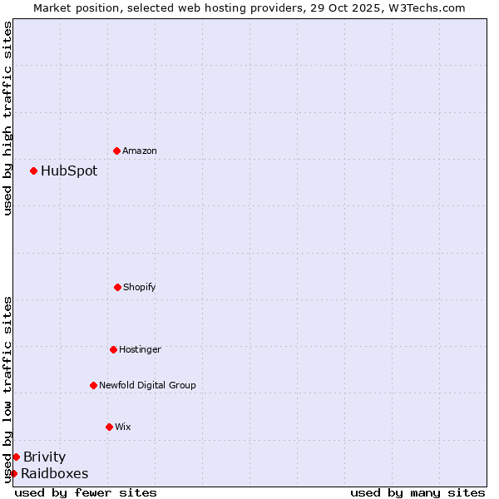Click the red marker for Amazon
pyautogui.click(x=116, y=151)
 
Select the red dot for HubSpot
pyautogui.click(x=33, y=170)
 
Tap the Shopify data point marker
pyautogui.click(x=117, y=287)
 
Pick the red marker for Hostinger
pyautogui.click(x=113, y=349)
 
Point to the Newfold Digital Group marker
pyautogui.click(x=93, y=385)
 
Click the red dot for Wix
pyautogui.click(x=109, y=427)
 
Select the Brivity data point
pyautogui.click(x=16, y=457)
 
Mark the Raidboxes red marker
pyautogui.click(x=13, y=473)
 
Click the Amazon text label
pyautogui.click(x=140, y=151)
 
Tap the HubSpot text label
pyautogui.click(x=69, y=170)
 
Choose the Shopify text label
pyautogui.click(x=140, y=287)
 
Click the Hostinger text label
pyautogui.click(x=140, y=349)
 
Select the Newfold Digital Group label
pyautogui.click(x=147, y=385)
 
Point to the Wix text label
pyautogui.click(x=123, y=427)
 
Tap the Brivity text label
pyautogui.click(x=44, y=457)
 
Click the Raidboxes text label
pyautogui.click(x=54, y=473)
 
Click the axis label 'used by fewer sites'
pyautogui.click(x=86, y=492)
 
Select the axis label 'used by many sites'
pyautogui.click(x=417, y=492)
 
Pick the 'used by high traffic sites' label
pyautogui.click(x=7, y=118)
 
